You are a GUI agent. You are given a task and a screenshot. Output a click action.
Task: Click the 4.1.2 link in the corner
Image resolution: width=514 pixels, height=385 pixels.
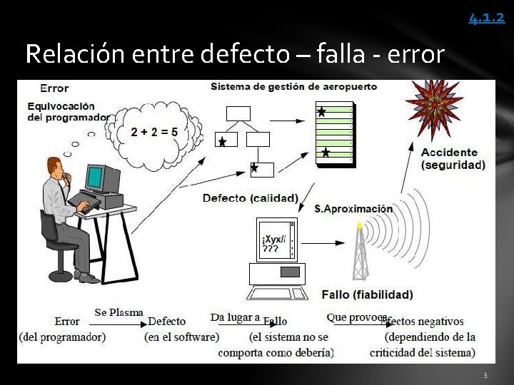(486, 17)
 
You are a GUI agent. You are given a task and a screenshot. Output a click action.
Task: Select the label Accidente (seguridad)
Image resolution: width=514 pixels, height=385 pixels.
(453, 158)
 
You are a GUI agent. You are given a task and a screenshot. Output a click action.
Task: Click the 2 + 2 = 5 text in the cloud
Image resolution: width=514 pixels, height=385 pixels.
(154, 132)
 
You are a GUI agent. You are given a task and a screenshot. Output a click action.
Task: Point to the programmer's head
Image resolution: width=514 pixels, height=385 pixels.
(57, 168)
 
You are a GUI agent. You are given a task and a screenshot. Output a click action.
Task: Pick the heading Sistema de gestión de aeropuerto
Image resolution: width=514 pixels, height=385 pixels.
(293, 87)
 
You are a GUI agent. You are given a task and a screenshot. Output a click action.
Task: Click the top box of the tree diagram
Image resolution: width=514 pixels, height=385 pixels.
(238, 113)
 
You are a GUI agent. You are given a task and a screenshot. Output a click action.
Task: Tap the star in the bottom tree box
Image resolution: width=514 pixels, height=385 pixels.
(253, 168)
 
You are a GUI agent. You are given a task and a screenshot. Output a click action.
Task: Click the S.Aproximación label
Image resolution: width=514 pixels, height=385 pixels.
(353, 209)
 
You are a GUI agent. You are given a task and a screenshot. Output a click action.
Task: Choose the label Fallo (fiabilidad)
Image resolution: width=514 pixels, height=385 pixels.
(367, 294)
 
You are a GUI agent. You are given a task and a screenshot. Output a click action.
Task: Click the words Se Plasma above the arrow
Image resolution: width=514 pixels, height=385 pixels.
(119, 312)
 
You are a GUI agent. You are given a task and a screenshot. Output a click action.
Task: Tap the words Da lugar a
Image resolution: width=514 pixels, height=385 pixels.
(235, 317)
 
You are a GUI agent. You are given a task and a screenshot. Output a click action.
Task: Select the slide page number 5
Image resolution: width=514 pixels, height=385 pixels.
(485, 375)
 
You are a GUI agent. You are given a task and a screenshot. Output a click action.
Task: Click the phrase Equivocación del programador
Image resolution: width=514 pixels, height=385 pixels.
(68, 112)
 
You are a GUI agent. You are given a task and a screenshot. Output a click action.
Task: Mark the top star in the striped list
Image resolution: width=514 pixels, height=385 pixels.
(321, 112)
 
